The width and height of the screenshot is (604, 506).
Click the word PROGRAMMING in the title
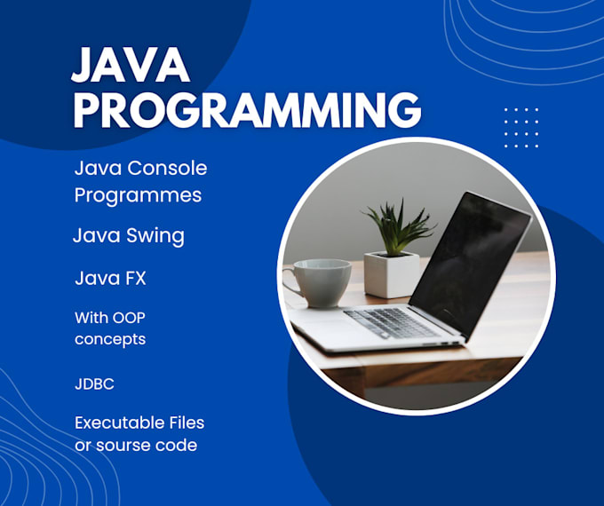247,110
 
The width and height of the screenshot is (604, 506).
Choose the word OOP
126,316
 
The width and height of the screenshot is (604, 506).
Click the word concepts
110,338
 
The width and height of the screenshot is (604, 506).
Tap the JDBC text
94,384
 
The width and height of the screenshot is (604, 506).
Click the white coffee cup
321,282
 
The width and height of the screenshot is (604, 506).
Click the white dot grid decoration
521,127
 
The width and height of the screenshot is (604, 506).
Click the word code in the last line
177,444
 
